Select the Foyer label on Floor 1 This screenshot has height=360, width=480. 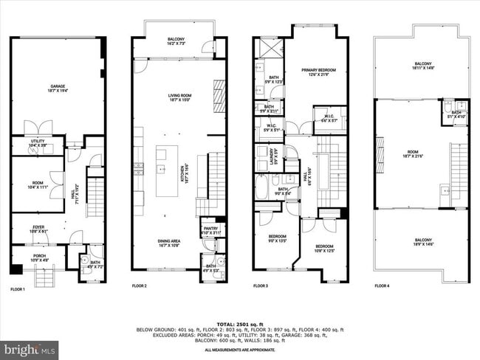[x=37, y=229]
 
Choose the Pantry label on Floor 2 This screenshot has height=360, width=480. [x=210, y=230]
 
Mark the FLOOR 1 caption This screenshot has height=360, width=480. [x=17, y=285]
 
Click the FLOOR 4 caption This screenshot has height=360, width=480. [x=382, y=285]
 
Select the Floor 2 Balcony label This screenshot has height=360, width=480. [x=175, y=43]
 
